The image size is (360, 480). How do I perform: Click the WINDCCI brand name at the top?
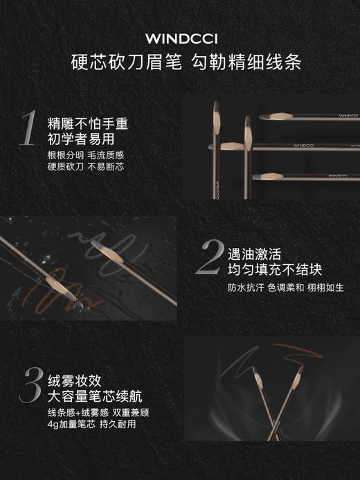pos(180,39)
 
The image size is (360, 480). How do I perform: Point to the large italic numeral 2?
pos(209,258)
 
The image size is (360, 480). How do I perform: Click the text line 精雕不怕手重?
pos(87,123)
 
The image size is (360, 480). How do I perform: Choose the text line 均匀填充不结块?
pos(275,269)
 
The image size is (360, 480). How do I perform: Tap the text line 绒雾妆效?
pos(75,380)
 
